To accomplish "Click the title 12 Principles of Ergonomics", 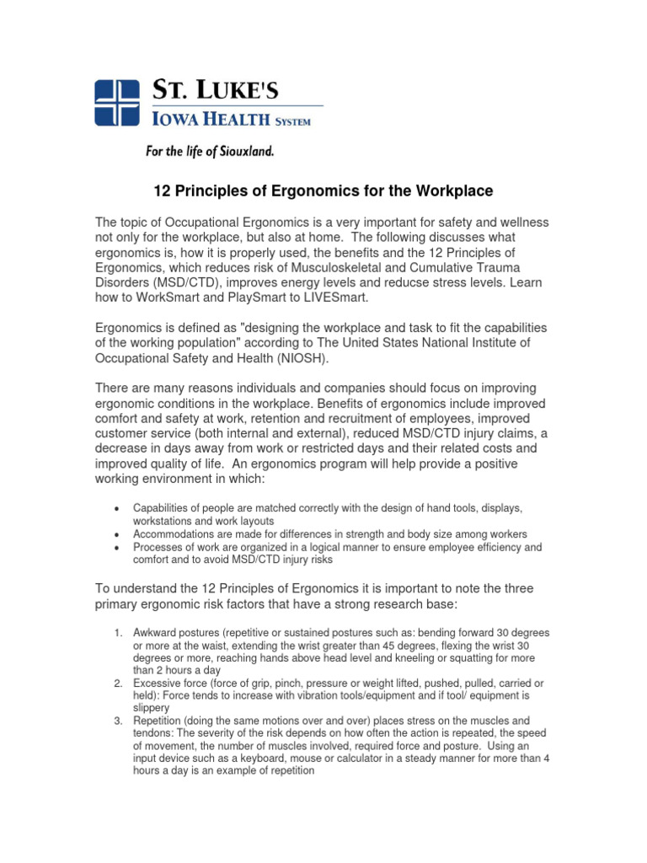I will coord(323,191).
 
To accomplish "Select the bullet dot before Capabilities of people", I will coord(116,510).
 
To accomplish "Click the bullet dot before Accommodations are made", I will coord(116,535).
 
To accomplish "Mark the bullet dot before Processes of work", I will coord(116,548).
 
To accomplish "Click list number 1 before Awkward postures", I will coord(119,632).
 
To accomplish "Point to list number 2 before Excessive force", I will coord(119,683).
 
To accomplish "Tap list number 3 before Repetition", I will coord(119,721).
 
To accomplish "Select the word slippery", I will coord(152,708).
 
